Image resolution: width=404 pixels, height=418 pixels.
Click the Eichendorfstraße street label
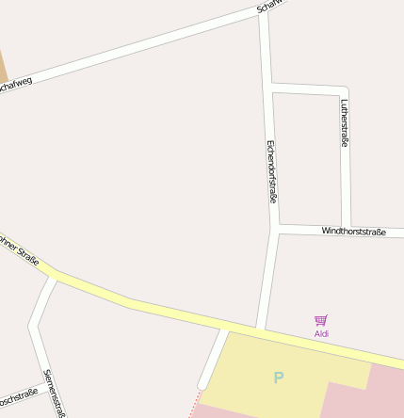[271, 172]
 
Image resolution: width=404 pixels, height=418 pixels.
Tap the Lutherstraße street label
[346, 122]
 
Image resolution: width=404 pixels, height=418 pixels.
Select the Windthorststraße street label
[354, 231]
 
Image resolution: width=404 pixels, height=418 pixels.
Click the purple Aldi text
[321, 334]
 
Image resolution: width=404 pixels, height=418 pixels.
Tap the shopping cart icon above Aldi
[321, 321]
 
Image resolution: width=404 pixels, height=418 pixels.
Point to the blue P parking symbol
[278, 378]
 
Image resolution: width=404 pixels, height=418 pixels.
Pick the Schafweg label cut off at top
[268, 8]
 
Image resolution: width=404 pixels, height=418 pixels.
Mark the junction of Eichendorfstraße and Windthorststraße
[276, 228]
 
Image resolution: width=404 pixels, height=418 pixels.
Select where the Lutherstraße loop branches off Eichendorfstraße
[269, 88]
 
